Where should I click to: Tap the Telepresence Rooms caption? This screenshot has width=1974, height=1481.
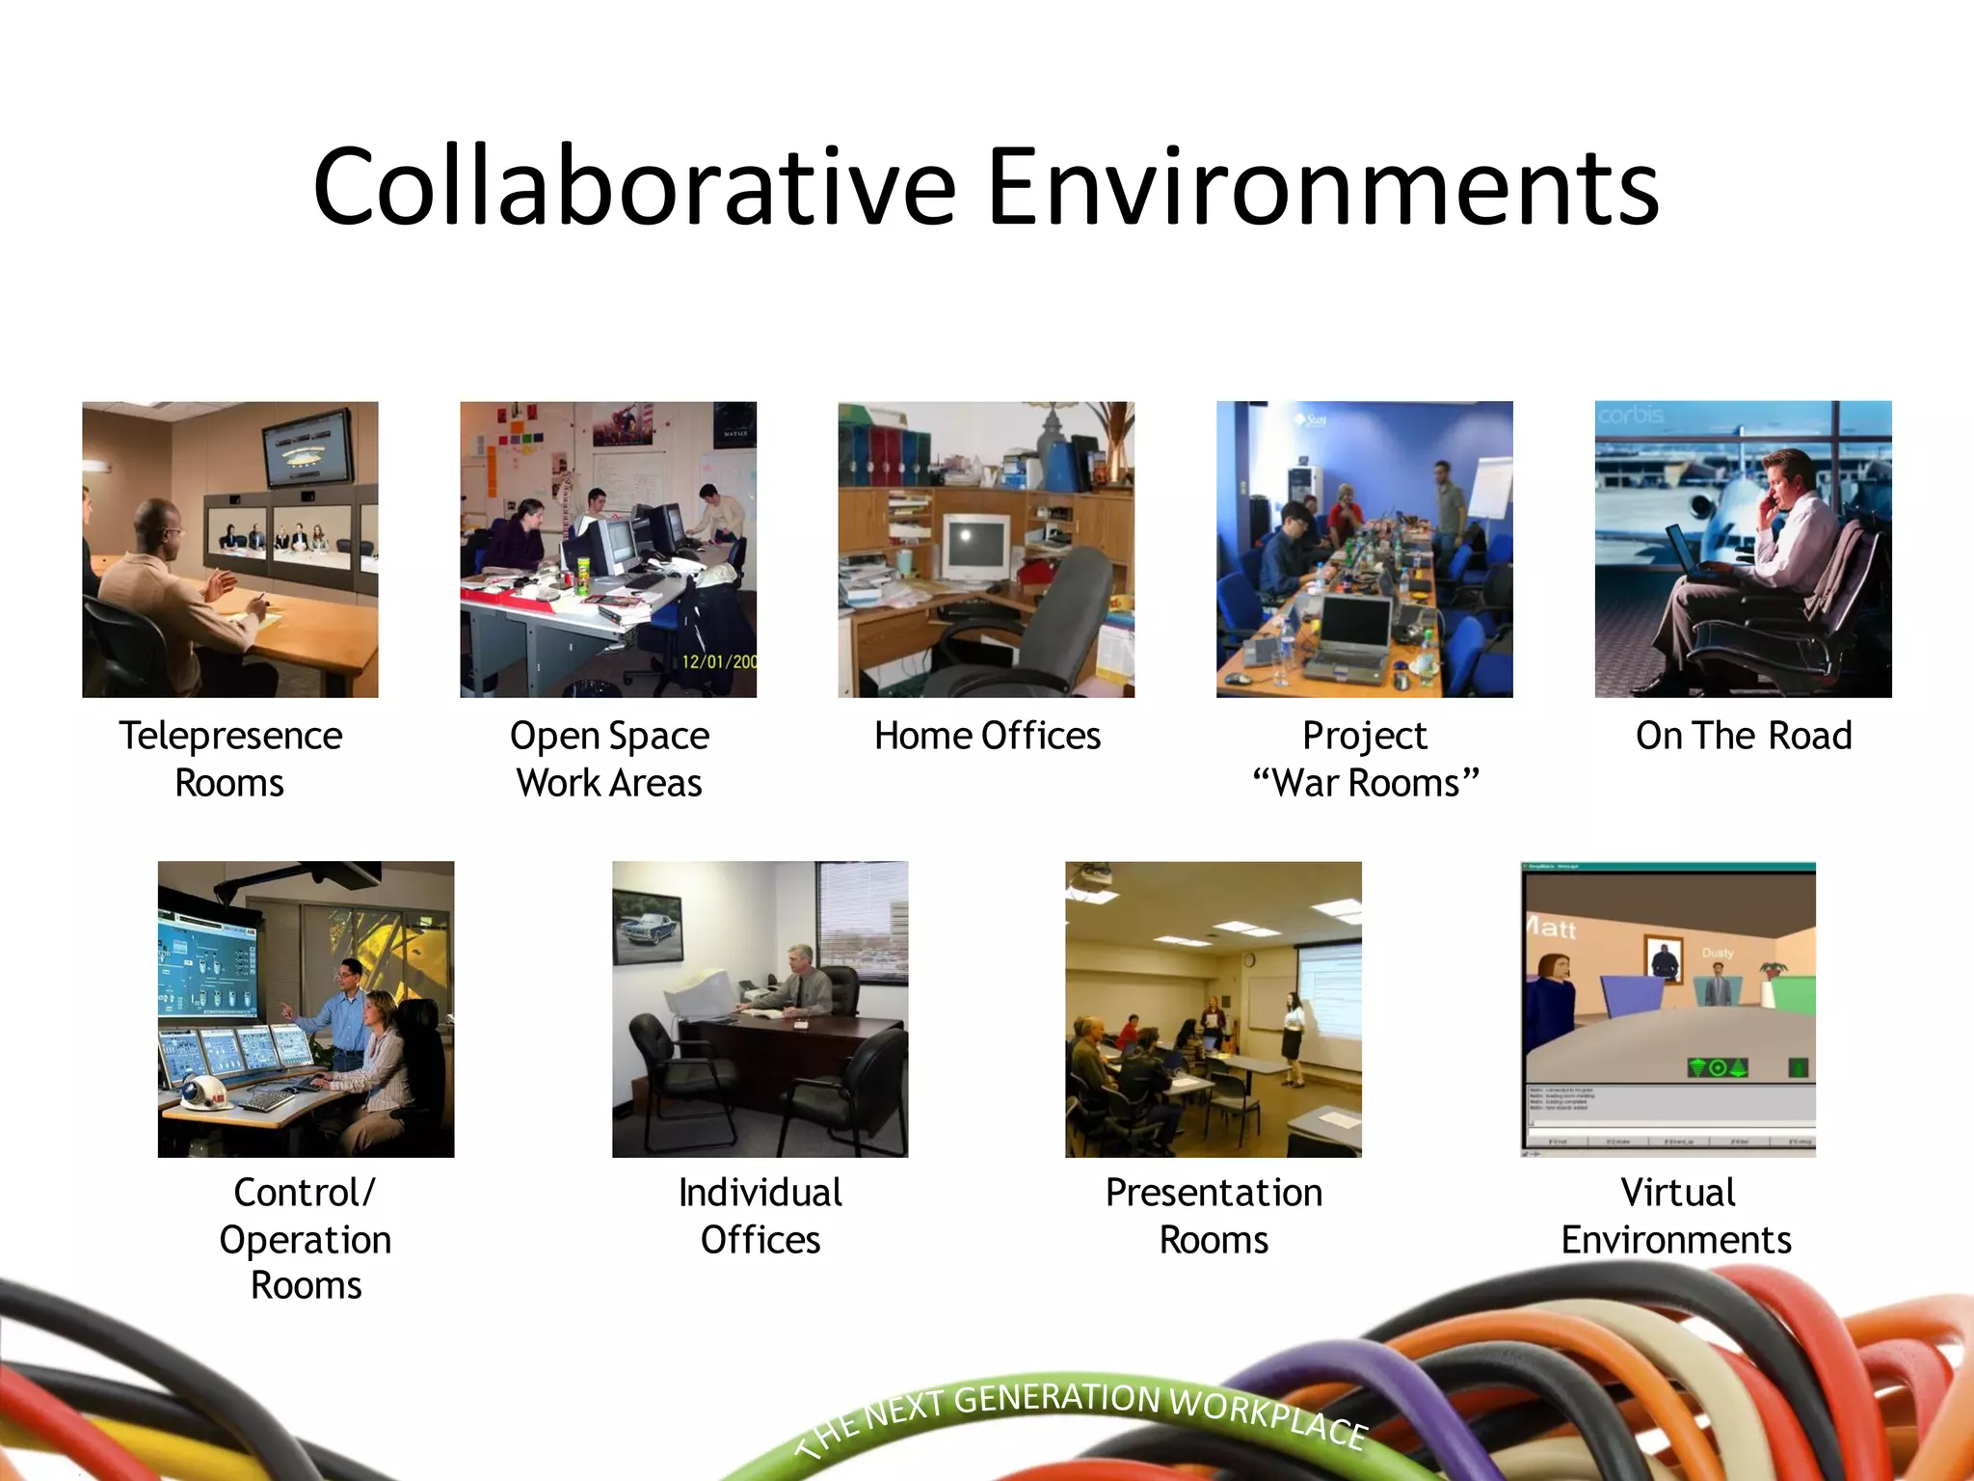tap(230, 759)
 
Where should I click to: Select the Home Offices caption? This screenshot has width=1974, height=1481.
tap(987, 736)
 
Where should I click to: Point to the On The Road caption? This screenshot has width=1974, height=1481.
tap(1744, 736)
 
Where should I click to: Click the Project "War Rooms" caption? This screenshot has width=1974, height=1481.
tap(1365, 759)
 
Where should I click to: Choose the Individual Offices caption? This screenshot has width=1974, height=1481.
tap(760, 1216)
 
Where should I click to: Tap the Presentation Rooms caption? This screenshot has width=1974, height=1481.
tap(1214, 1216)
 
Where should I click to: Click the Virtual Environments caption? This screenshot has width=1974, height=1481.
tap(1676, 1216)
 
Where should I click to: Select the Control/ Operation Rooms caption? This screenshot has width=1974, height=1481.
tap(306, 1239)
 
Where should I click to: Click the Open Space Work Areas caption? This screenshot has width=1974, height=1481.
tap(609, 759)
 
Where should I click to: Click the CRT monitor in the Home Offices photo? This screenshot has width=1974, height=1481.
tap(974, 546)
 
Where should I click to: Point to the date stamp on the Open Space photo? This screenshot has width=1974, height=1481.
tap(718, 661)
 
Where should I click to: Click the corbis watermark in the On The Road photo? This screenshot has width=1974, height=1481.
tap(1631, 416)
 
